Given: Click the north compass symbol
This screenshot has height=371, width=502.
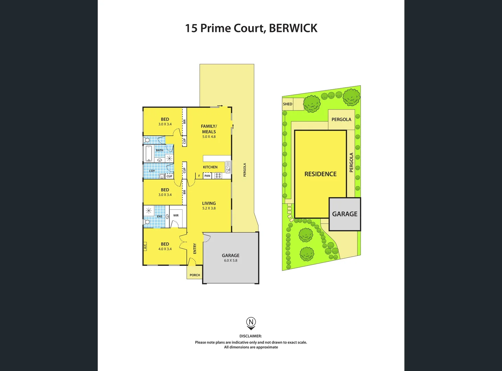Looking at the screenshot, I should point(251,323).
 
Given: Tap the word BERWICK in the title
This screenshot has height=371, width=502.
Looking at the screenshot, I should point(293,28).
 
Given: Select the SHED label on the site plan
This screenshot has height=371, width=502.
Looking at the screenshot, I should point(287,104).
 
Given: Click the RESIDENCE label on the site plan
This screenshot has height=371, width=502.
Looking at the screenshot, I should point(320,174).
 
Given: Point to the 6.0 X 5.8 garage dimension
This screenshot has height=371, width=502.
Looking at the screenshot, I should point(230,260).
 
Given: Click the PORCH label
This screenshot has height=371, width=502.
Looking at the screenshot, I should point(195,275).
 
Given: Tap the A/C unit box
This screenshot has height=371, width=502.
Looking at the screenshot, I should point(145,246).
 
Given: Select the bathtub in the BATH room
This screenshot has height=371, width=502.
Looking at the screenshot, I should point(149,154).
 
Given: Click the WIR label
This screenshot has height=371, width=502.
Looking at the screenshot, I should point(176,215).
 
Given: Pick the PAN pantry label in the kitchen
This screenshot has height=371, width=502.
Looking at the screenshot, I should point(207,176).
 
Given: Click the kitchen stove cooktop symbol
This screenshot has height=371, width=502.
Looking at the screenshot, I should point(218,176).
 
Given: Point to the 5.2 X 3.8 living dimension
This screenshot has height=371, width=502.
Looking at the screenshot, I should point(209,208).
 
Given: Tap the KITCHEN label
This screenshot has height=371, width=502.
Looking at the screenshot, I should point(210,167).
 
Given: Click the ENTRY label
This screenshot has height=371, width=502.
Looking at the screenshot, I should point(195,248).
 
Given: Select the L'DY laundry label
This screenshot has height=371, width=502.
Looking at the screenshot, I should point(152,171).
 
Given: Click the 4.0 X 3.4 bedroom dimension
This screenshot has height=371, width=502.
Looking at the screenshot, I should point(165,249).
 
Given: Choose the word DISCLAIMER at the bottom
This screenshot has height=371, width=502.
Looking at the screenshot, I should point(250,336).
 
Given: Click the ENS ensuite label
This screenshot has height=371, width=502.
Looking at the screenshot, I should point(159,216).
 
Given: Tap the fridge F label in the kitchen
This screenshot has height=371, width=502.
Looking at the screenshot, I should point(199,176).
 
